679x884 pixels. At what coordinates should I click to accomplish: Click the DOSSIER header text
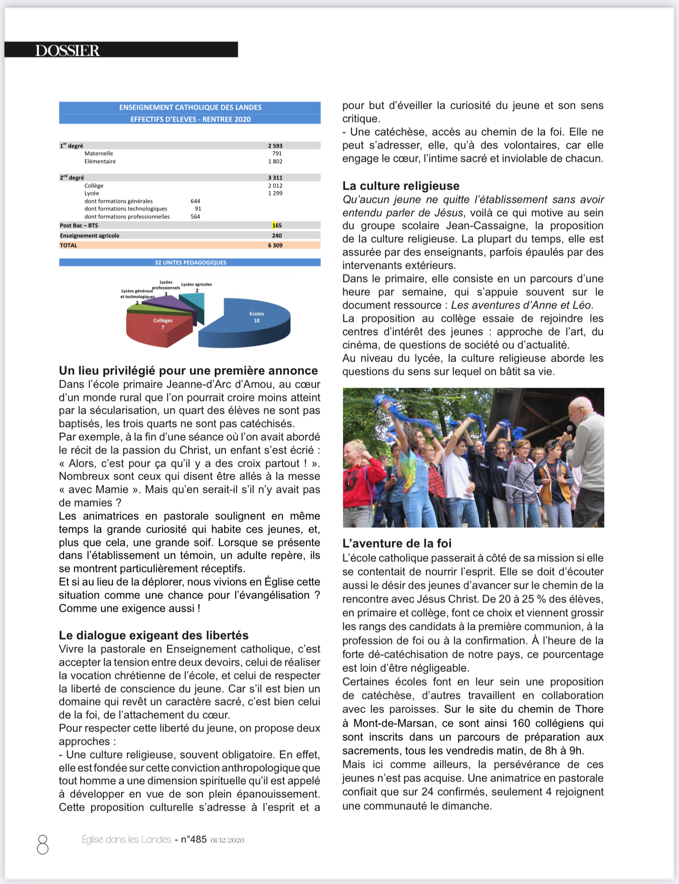(x=68, y=50)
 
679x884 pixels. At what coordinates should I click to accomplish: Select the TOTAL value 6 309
(x=275, y=245)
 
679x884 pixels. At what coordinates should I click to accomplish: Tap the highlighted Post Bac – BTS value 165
(x=277, y=225)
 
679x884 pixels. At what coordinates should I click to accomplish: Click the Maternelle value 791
(x=277, y=153)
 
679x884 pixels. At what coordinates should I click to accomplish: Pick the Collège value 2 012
(x=275, y=186)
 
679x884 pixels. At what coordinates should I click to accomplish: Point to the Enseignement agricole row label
(x=90, y=236)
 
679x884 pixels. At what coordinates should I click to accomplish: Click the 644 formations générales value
(x=195, y=201)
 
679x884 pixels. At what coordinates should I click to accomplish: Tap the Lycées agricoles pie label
(x=196, y=284)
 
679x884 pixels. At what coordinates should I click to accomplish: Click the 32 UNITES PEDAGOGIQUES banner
(x=190, y=263)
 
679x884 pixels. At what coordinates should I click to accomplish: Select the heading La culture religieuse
(x=401, y=186)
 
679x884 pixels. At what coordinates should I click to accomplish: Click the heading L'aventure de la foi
(x=397, y=543)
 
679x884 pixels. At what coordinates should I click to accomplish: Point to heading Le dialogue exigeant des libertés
(x=153, y=635)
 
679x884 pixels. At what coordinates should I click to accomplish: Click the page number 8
(x=43, y=844)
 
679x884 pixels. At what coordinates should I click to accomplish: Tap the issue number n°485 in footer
(x=194, y=839)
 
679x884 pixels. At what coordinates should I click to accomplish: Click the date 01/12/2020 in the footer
(x=227, y=840)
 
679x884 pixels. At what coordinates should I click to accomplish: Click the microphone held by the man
(x=569, y=429)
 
